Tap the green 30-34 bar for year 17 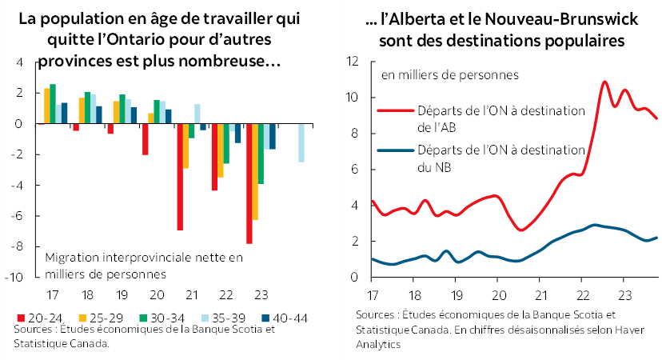click(53, 104)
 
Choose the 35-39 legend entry click(195, 318)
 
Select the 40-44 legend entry click(251, 318)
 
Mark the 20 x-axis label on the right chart click(497, 291)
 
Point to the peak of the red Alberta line click(604, 82)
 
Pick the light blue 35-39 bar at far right click(301, 143)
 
